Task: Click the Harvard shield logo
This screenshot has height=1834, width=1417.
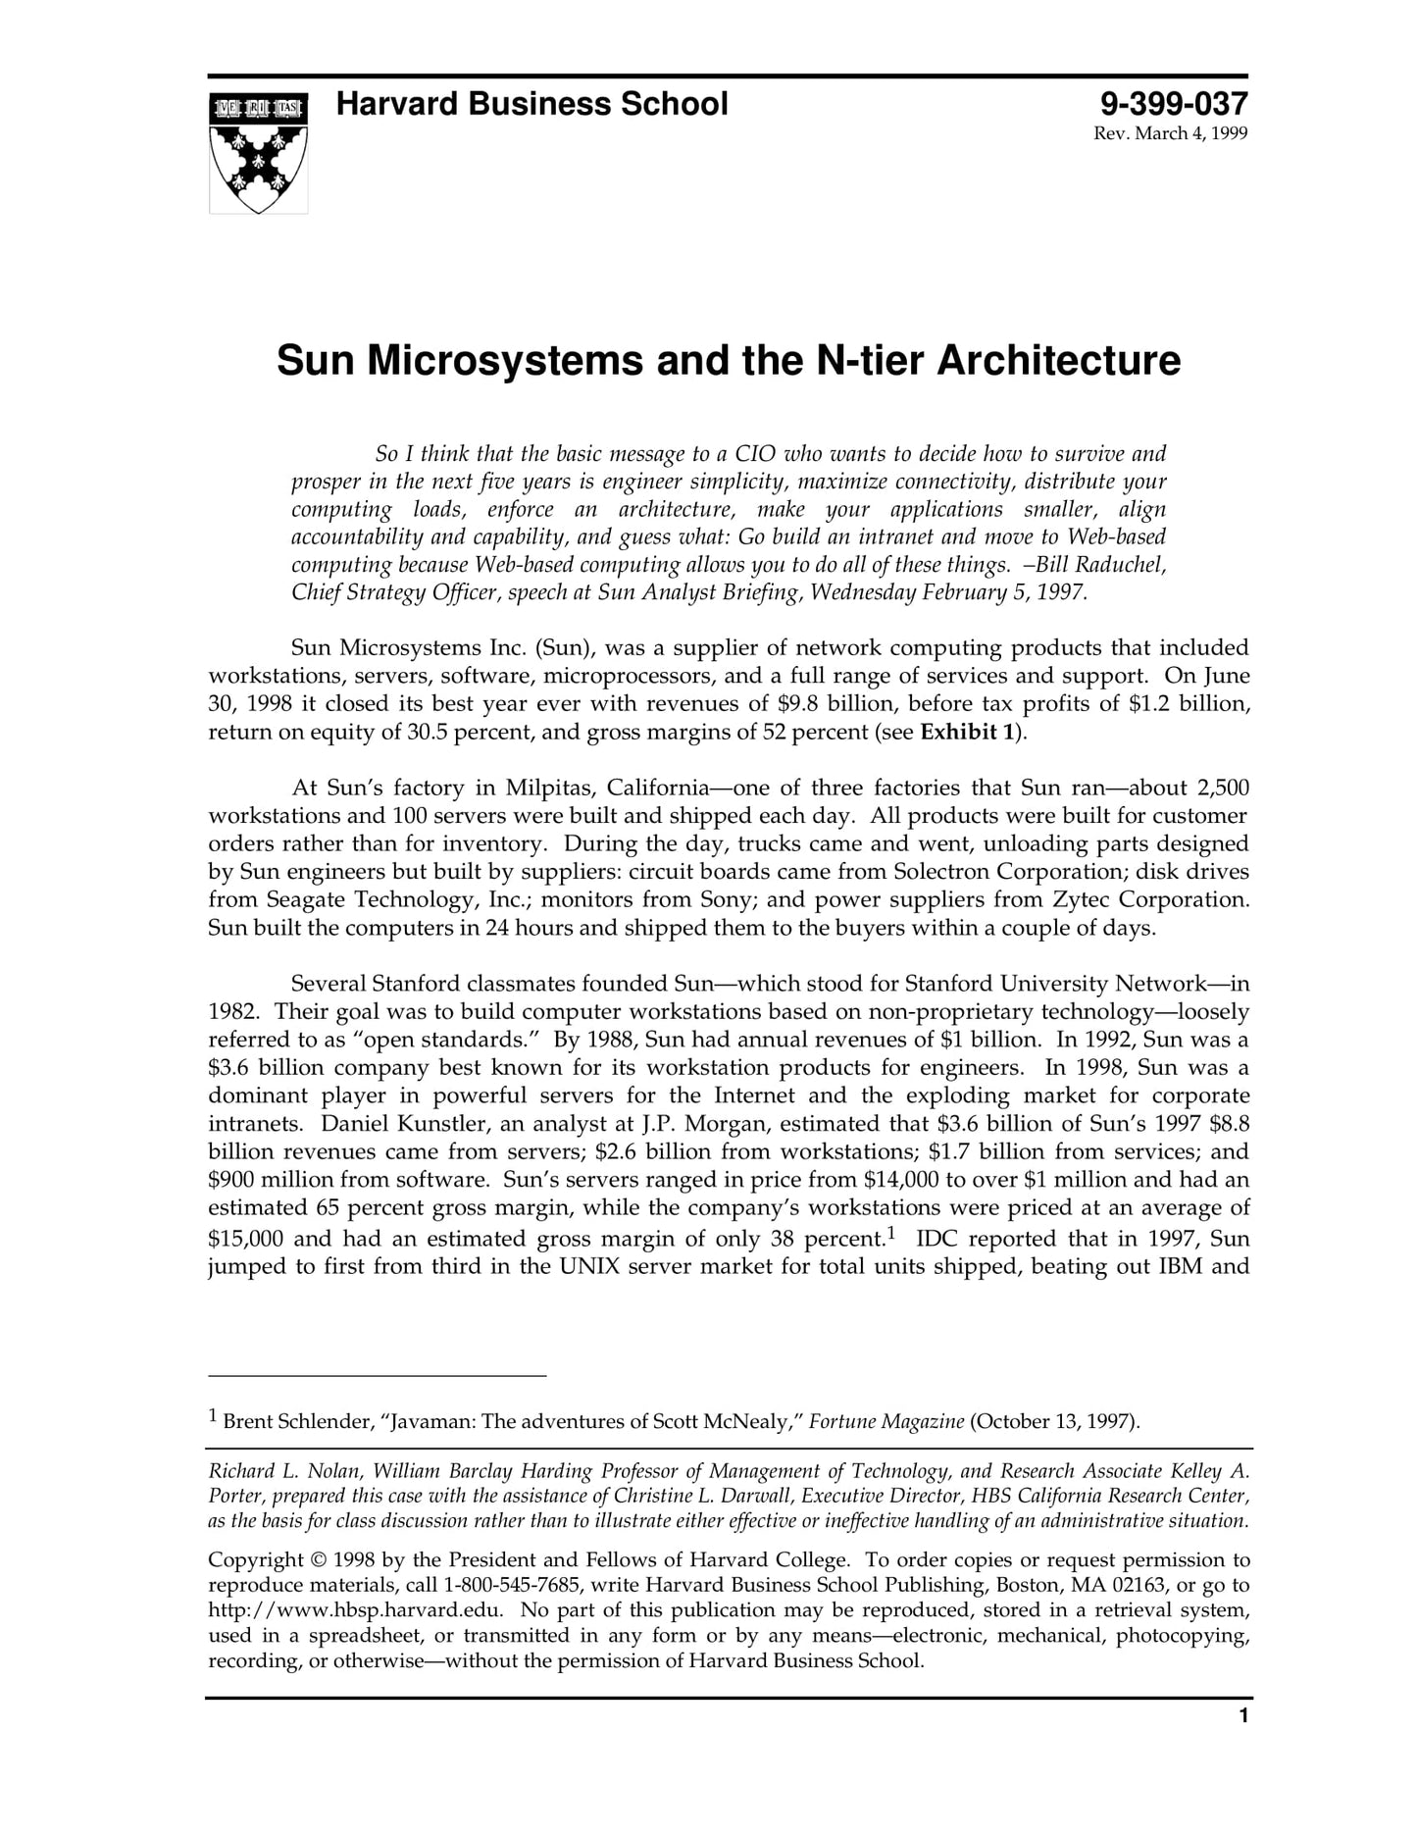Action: click(258, 152)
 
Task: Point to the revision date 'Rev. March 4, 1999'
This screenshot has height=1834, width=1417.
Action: click(1170, 133)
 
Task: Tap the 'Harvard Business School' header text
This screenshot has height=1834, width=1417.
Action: click(531, 104)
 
